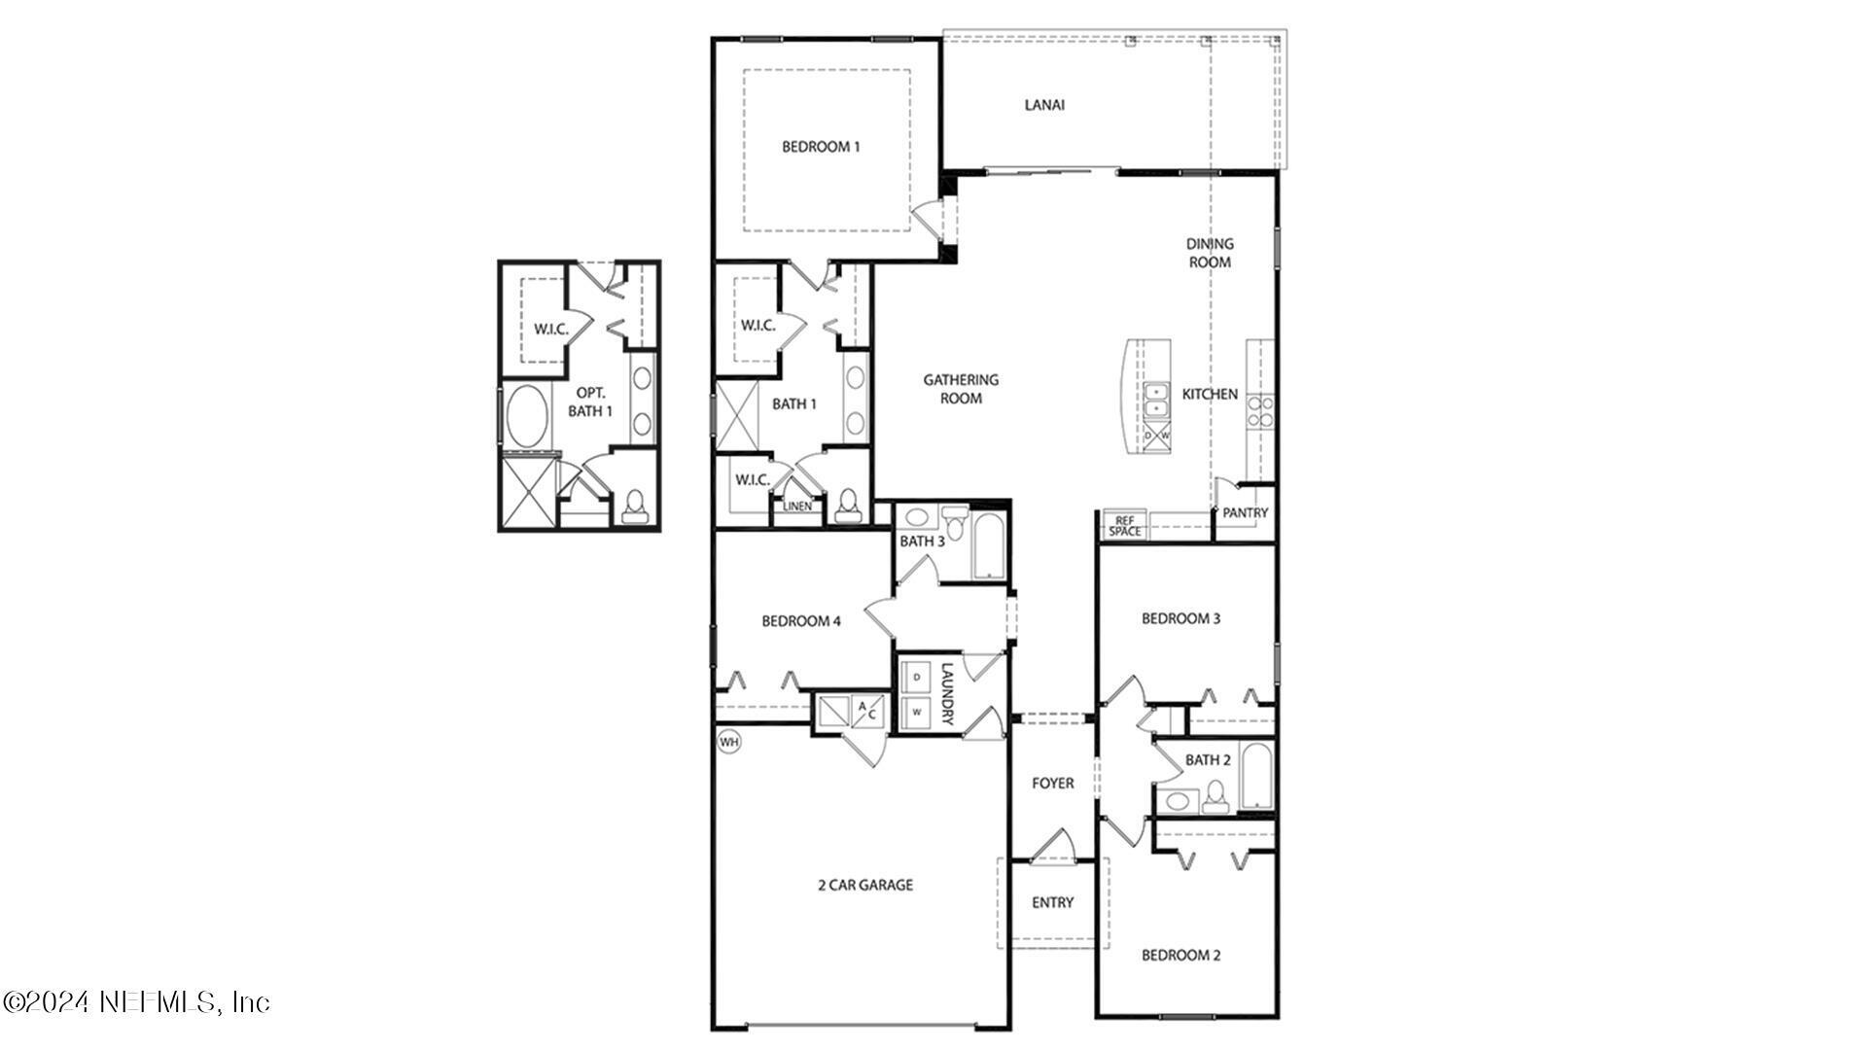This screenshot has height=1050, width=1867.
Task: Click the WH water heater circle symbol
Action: tap(728, 743)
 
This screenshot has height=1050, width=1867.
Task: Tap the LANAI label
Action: tap(1044, 105)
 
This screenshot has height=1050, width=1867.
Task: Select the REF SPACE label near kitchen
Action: tap(1125, 526)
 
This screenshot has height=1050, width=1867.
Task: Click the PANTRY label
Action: tap(1245, 512)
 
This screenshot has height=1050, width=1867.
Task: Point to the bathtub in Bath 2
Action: tap(1255, 776)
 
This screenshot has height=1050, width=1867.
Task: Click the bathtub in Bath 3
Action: tap(988, 544)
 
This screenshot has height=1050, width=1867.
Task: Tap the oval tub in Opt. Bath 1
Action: tap(527, 417)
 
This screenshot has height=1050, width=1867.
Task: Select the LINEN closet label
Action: tap(797, 507)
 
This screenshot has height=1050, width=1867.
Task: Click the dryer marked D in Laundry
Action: tap(916, 677)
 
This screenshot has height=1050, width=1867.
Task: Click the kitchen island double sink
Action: tap(1156, 400)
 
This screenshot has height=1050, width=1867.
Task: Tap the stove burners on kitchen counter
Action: tap(1261, 412)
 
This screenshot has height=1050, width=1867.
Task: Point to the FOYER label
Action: tap(1052, 783)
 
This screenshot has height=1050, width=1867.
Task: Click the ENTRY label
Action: tap(1052, 902)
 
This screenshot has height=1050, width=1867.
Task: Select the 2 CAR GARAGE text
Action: tap(863, 885)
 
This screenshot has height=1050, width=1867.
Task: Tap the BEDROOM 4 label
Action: tap(800, 620)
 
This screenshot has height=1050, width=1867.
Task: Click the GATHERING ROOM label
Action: tap(961, 389)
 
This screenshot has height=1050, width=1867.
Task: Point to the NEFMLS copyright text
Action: tap(136, 1001)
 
